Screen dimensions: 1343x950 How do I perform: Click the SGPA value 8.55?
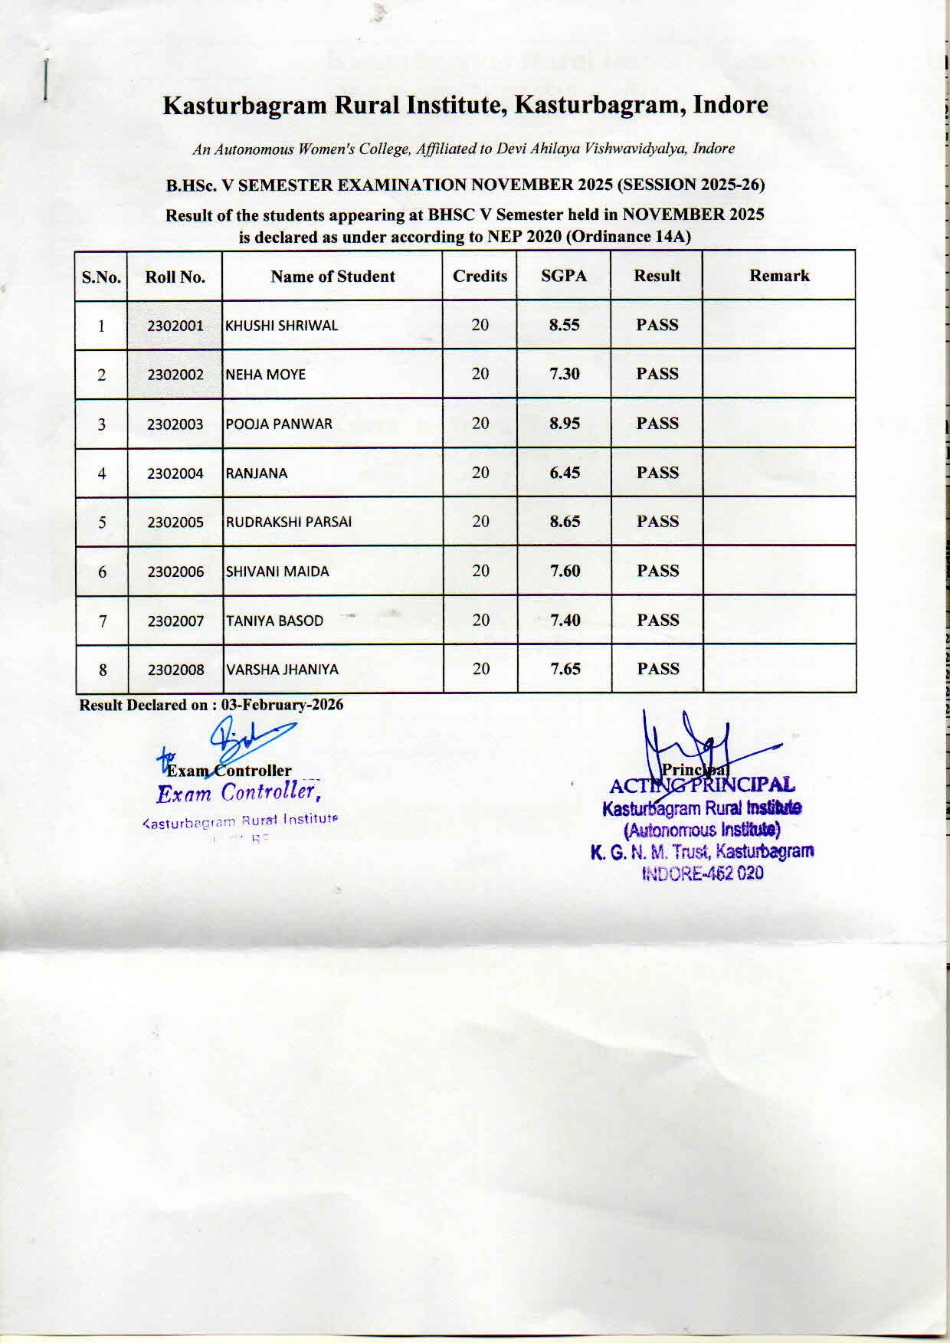564,325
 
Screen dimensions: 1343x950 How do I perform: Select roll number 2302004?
175,473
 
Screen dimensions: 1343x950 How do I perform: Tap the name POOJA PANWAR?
279,424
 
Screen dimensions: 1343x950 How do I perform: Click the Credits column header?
480,276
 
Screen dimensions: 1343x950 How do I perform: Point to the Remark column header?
779,276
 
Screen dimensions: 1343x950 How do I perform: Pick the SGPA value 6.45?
565,473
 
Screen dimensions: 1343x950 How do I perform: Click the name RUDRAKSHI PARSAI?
289,522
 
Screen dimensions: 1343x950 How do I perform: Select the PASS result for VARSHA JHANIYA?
658,669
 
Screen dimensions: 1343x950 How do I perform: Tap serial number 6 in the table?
102,572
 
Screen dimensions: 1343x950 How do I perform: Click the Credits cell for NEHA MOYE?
480,374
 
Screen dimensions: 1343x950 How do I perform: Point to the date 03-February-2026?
282,705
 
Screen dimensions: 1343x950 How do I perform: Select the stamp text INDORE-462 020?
702,873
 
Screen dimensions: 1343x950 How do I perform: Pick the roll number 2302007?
176,621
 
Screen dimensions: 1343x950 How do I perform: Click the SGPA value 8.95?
565,423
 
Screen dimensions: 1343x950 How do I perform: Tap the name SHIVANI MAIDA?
277,572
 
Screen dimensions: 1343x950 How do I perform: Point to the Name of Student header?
332,277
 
